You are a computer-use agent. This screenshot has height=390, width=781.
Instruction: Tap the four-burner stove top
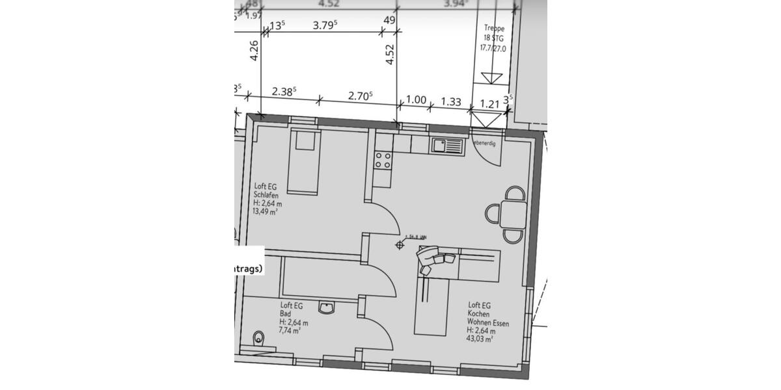[383, 160]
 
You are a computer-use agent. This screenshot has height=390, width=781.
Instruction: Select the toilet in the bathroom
[259, 337]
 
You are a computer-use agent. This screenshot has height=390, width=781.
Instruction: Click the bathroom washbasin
[327, 307]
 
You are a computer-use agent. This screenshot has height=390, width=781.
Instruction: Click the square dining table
[514, 214]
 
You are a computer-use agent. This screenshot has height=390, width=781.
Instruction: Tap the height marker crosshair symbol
[400, 245]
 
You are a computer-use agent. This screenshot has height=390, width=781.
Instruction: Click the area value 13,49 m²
[264, 212]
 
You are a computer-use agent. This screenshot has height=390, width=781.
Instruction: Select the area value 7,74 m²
[290, 331]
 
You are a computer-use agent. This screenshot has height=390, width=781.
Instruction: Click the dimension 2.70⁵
[360, 95]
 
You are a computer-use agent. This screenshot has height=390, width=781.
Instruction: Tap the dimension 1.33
[451, 101]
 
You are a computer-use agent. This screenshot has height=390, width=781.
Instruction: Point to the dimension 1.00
[416, 100]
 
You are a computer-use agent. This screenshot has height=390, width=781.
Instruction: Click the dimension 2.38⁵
[284, 92]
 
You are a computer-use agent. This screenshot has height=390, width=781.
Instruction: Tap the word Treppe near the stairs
[495, 29]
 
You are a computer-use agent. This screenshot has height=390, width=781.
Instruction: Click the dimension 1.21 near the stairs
[489, 103]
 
